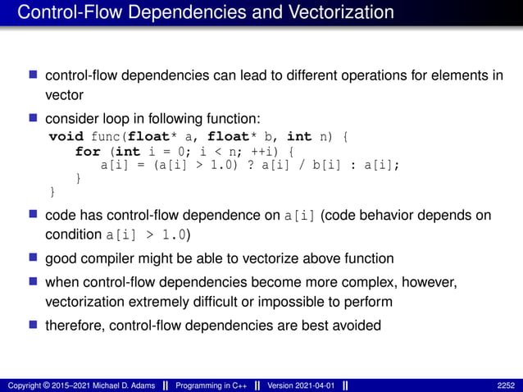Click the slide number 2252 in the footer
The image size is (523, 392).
click(x=507, y=385)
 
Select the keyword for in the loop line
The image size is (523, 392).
click(x=88, y=151)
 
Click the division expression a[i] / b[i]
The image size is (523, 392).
click(x=311, y=165)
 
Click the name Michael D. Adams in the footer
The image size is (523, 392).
click(x=121, y=385)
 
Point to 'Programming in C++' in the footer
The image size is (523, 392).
click(x=215, y=385)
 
